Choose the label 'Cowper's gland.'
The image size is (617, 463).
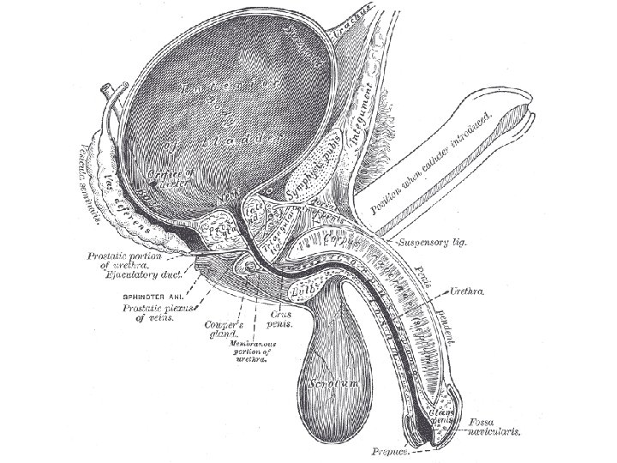225,329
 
